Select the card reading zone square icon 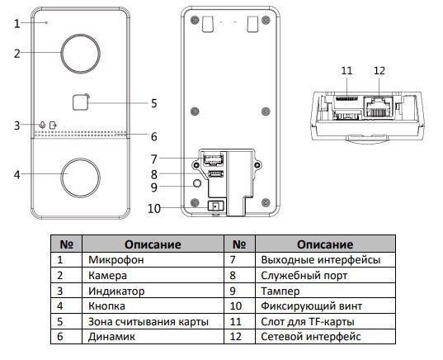(x=81, y=102)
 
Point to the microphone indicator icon (x=42, y=125)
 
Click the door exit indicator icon (x=53, y=125)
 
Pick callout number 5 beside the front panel (x=153, y=103)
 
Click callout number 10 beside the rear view (x=154, y=209)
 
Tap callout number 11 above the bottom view (x=346, y=70)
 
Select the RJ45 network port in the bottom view (x=379, y=107)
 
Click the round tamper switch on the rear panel (x=197, y=183)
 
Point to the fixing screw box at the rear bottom (x=215, y=206)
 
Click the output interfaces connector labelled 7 (x=213, y=160)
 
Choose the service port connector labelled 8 (x=215, y=174)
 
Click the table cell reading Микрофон (x=153, y=259)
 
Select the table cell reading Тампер (x=325, y=291)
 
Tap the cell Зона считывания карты (x=153, y=321)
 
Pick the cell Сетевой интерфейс (x=325, y=337)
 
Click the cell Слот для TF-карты (x=325, y=321)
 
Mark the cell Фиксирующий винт (x=325, y=306)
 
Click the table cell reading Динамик (x=153, y=337)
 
